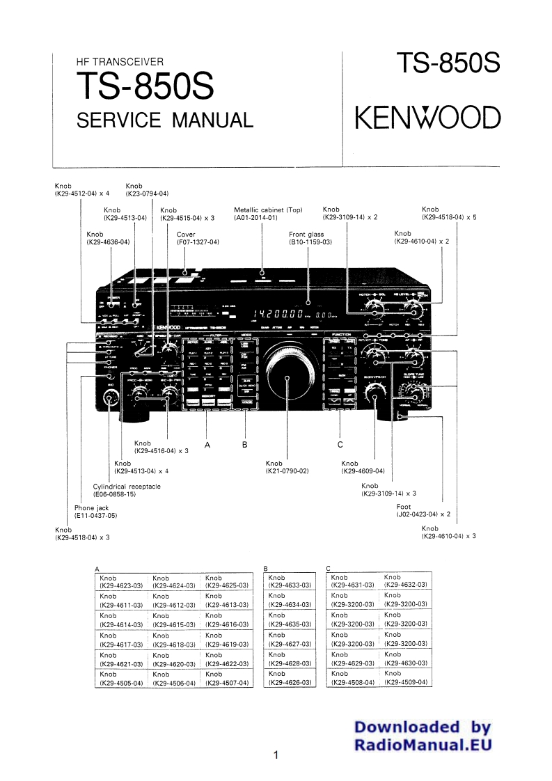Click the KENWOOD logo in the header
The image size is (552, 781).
pyautogui.click(x=428, y=118)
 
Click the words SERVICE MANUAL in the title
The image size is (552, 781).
pyautogui.click(x=164, y=120)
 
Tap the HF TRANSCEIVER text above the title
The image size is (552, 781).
pyautogui.click(x=120, y=63)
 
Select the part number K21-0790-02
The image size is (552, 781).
pyautogui.click(x=287, y=471)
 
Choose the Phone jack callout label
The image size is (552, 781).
pyautogui.click(x=92, y=508)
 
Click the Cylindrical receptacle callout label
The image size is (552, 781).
pyautogui.click(x=127, y=486)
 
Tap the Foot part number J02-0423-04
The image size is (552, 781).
pyautogui.click(x=424, y=514)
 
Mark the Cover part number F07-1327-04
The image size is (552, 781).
pyautogui.click(x=198, y=242)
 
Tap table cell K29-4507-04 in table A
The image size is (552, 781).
pyautogui.click(x=227, y=683)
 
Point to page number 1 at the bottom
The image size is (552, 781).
pyautogui.click(x=276, y=755)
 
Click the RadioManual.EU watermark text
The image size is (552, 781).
pyautogui.click(x=423, y=744)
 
